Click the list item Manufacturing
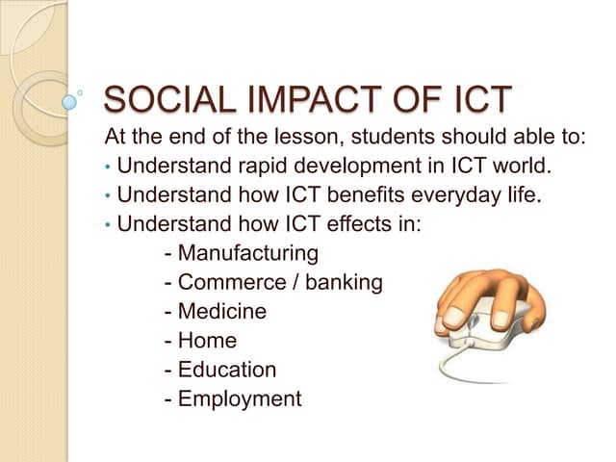click(247, 254)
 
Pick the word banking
click(344, 283)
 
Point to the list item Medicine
click(222, 312)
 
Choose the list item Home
click(207, 341)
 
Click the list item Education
click(227, 370)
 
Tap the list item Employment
click(240, 398)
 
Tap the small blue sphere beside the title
click(69, 100)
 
